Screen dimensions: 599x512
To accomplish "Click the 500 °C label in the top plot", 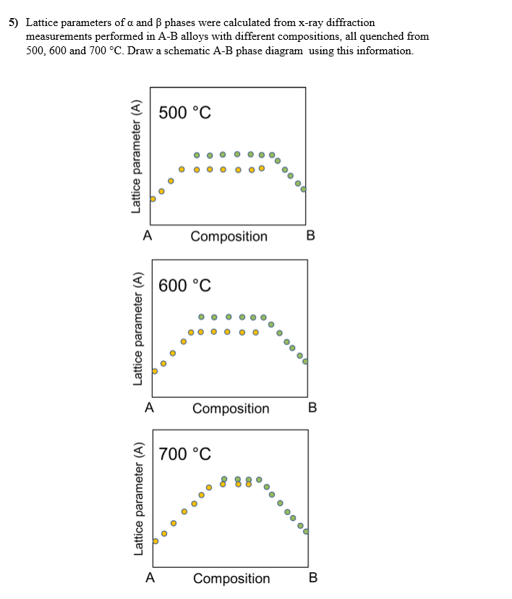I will (184, 113).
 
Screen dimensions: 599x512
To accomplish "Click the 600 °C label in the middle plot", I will (184, 285).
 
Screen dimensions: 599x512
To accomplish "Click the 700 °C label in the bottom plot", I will (184, 454).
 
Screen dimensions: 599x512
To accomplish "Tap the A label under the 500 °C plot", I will (148, 236).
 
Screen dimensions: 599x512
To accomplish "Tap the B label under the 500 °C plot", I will (310, 236).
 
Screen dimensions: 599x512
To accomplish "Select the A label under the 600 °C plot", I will (149, 408).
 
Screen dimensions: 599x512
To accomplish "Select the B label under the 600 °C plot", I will (312, 408).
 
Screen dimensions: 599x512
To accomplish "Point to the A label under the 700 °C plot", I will (150, 578).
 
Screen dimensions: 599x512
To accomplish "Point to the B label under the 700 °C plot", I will (312, 578).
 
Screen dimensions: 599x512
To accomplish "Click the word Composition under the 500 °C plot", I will (229, 237).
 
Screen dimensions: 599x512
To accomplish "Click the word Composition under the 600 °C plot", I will (231, 409).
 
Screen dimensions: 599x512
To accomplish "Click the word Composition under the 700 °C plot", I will (231, 579).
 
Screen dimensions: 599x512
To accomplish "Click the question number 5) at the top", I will (14, 22).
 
